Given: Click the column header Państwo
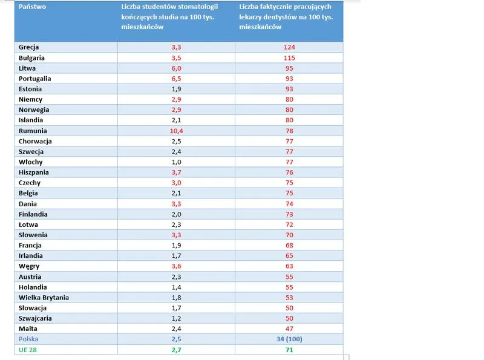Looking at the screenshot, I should coord(32,7).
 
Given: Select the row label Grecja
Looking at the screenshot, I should coord(30,47).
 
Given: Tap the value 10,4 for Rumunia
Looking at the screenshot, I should coord(177,131).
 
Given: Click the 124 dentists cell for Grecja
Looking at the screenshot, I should coord(289,47).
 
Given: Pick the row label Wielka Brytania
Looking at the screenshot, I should coord(44,297).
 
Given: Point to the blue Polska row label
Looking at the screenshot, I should coord(28,339).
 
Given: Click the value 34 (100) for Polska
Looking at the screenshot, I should coord(289,339).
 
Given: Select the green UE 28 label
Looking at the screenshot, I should coord(27,350).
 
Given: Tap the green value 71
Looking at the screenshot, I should coord(289,350).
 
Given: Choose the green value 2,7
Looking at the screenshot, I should coord(177,350).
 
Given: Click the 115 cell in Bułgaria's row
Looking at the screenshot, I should coord(289,57).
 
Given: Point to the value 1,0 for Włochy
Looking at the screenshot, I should coord(177,162).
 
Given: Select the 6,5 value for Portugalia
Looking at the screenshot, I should coord(177,78).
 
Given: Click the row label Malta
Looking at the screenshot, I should coord(28,329).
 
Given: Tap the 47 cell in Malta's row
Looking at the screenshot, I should coord(289,329).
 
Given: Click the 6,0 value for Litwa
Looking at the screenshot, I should coord(177,68).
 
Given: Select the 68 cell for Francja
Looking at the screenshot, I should coord(289,245).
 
